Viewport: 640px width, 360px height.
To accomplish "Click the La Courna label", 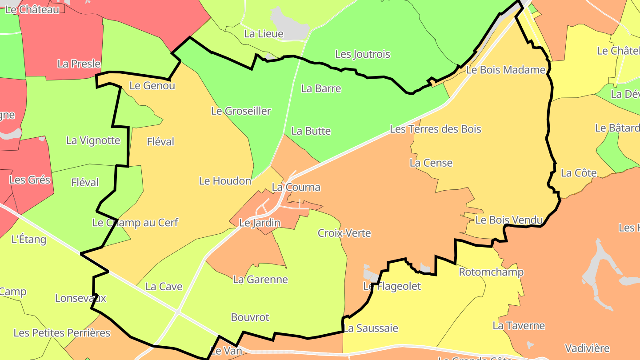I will (x=296, y=187).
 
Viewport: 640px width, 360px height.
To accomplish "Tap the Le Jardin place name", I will (x=260, y=223).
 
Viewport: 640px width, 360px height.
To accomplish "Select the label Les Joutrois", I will (x=363, y=54).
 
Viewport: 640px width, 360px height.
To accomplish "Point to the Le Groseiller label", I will (x=241, y=111).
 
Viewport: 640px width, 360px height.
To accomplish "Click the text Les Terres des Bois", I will (x=436, y=129).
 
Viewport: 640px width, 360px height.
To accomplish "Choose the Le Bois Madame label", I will (x=506, y=70).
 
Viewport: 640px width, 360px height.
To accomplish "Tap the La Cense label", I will (x=431, y=163).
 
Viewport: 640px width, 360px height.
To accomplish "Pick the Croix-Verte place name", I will (x=344, y=233).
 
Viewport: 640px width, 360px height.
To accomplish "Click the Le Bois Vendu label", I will (x=509, y=220).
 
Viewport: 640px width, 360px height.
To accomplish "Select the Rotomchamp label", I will (x=491, y=272).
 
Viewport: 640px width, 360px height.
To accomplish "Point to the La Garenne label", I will (x=260, y=280).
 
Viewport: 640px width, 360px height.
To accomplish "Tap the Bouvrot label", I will (x=250, y=317).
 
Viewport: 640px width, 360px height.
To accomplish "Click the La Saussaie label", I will (x=371, y=328).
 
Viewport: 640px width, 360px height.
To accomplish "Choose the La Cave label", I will (x=164, y=287).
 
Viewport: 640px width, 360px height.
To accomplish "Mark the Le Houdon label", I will (x=225, y=181).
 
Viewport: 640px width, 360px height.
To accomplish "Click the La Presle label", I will (x=79, y=64).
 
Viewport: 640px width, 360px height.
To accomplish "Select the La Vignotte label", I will (x=93, y=140).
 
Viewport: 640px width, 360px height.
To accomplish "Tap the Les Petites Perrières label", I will (x=62, y=333).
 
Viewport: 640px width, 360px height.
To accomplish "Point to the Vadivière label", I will (x=587, y=348).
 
